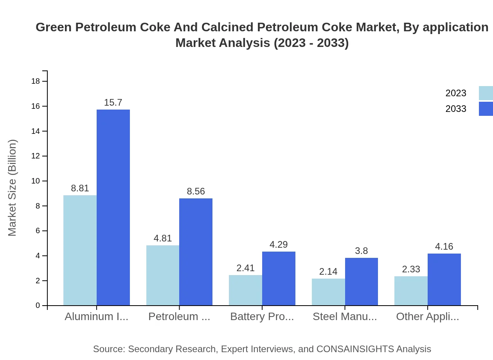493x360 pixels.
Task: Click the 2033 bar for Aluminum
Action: pos(113,207)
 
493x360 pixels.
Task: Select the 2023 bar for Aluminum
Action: pos(80,250)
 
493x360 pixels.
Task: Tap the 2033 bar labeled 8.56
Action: pos(196,252)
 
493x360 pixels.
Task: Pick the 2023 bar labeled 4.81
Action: pos(163,275)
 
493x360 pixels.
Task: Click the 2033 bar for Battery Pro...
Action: pos(279,279)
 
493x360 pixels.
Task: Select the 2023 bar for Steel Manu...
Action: pos(328,292)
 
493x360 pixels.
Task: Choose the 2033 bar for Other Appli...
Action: pos(444,279)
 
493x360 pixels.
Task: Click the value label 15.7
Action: pos(113,103)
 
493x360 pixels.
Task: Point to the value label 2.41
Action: pos(245,268)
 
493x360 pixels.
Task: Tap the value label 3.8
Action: pos(361,251)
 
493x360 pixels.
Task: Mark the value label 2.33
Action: pos(411,269)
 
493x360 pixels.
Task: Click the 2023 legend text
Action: pos(456,93)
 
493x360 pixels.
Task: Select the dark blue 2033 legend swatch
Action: pos(486,109)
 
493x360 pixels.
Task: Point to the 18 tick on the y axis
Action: pos(36,81)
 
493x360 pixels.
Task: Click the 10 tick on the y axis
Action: pos(36,181)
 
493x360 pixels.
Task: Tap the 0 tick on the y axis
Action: pos(38,306)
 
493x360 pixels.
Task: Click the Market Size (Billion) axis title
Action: pos(13,188)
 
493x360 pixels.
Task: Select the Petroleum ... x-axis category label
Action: pos(179,317)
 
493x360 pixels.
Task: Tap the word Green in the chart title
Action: pos(54,27)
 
